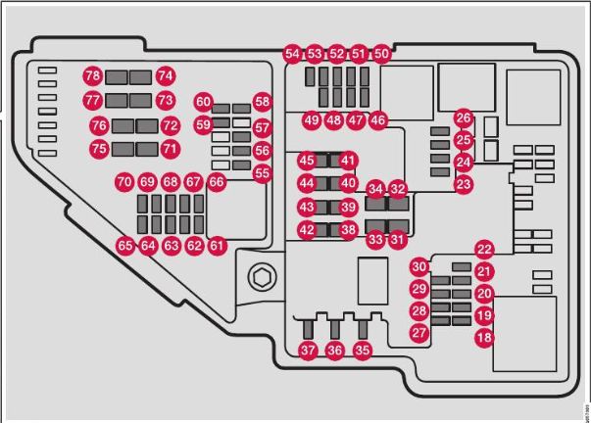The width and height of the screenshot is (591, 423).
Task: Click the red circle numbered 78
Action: point(92,75)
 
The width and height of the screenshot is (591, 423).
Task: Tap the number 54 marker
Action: point(292,55)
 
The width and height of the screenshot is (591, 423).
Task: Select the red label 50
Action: point(381,55)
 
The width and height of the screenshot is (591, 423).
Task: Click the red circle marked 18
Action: point(484,338)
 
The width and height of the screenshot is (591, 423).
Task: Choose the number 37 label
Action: point(308,351)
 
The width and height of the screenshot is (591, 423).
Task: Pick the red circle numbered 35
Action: point(364,351)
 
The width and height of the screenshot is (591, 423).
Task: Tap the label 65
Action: point(124,247)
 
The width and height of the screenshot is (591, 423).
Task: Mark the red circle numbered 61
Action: point(217,247)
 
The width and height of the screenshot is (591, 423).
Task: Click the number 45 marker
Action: point(307,161)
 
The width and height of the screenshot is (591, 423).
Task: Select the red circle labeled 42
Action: point(307,230)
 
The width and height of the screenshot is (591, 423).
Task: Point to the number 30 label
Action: point(419,266)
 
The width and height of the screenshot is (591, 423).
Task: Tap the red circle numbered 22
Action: point(484,250)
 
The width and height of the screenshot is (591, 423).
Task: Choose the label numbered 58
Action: point(262,102)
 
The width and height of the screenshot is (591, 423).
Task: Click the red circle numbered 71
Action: point(171,150)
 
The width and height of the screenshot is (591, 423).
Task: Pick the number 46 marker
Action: point(377,120)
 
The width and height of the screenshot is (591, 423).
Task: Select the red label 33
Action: point(375,238)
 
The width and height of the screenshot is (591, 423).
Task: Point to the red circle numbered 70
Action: point(123,182)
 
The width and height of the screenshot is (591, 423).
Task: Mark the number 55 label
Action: point(262,173)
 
